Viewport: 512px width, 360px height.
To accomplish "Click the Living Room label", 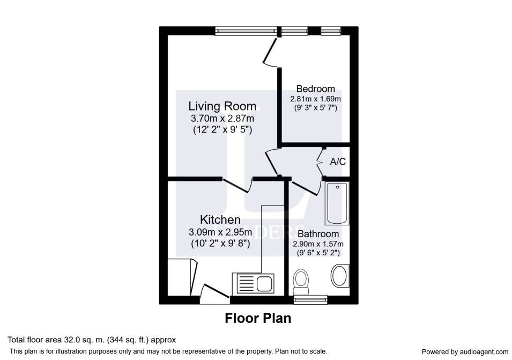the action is coord(222,106).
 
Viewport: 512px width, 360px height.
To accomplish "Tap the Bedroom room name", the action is coord(315,89).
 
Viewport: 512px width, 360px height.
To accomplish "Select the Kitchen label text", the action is coord(220,219).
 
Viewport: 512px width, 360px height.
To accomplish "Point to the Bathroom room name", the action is coord(318,234).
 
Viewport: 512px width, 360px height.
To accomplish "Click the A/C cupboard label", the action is coord(338,161).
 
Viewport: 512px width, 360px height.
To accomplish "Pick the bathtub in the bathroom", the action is coord(337,203).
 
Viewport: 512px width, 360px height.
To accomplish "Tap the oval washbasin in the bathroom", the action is coord(340,276).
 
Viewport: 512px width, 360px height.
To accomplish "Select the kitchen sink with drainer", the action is coord(254,283).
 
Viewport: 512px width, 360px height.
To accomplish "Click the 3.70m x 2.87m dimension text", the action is coord(222,118).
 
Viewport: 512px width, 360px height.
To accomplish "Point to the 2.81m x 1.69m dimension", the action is coord(315,99).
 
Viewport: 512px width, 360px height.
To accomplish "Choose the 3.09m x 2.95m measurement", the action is coord(220,232).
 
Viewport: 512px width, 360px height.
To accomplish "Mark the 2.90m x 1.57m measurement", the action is coord(318,244).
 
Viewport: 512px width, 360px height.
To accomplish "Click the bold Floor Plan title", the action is coord(258,318).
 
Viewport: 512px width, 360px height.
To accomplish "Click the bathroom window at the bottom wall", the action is coord(310,299).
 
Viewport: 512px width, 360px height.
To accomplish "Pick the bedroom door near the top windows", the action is coord(271,52).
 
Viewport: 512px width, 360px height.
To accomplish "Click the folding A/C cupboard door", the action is coord(320,162).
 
